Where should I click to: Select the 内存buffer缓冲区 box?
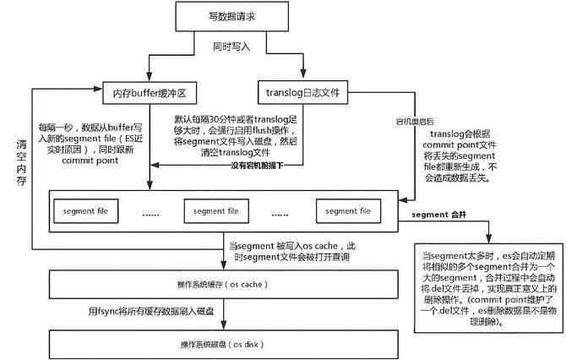[149, 91]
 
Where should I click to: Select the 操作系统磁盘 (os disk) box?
[211, 344]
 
